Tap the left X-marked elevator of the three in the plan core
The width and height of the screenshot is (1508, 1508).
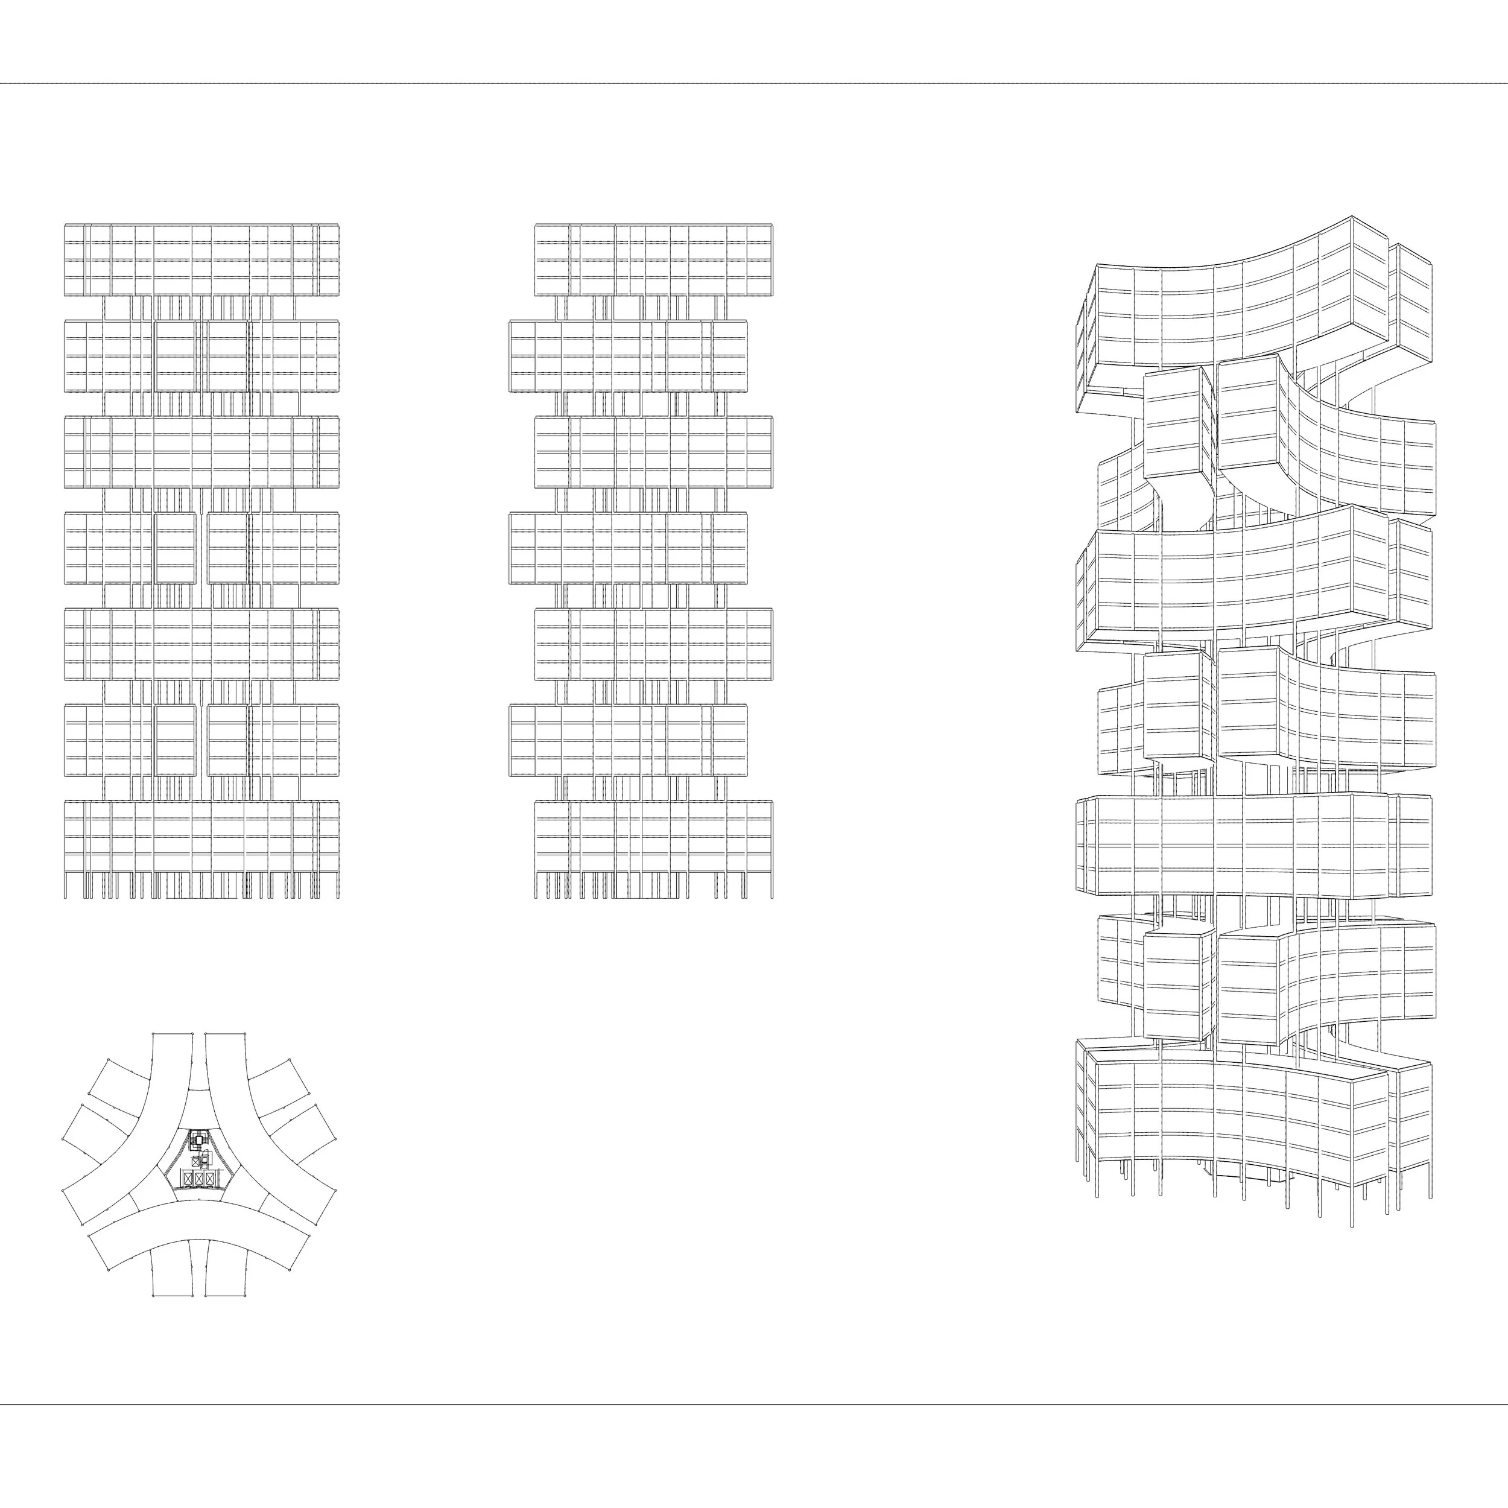coord(188,1179)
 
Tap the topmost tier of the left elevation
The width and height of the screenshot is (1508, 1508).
coord(201,260)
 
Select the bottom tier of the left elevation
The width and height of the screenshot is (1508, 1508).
coord(201,836)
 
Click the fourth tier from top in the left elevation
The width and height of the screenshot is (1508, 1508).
coord(201,548)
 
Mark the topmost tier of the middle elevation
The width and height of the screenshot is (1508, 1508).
coord(654,260)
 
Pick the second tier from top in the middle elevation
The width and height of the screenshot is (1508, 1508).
coord(629,356)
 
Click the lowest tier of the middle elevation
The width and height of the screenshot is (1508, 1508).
coord(654,836)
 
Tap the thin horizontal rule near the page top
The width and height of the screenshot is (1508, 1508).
coord(754,83)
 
